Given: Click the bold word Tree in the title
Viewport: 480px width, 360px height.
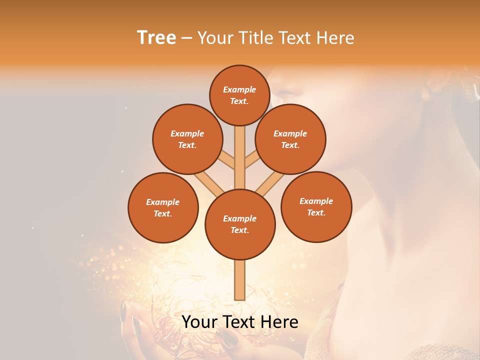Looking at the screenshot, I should coord(156,37).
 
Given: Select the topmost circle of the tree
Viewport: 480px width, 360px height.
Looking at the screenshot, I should coord(239,95).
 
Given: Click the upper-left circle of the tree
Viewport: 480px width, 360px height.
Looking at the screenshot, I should coord(187,139).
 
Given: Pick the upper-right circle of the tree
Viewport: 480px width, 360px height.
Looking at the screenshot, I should coord(290,139).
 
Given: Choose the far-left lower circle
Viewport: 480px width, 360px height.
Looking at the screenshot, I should coord(163,207).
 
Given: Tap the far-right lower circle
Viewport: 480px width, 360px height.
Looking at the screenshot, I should coord(316,206).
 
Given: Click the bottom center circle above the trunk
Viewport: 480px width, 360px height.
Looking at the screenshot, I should coord(240,224).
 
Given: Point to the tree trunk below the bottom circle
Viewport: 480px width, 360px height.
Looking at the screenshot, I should coord(240,280).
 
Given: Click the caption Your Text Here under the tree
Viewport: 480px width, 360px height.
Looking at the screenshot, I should coord(239,322).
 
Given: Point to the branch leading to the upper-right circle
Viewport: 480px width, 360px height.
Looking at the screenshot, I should coord(251,161).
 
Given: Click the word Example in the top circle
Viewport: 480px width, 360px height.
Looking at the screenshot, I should coord(239,89).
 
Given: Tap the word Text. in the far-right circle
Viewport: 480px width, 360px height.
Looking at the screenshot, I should coord(316,212).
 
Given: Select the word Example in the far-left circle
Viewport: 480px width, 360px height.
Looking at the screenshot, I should coord(162,202).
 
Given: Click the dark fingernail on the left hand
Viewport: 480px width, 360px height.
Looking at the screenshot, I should coord(123,311).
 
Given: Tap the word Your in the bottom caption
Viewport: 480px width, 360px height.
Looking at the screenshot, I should coord(200,322).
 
